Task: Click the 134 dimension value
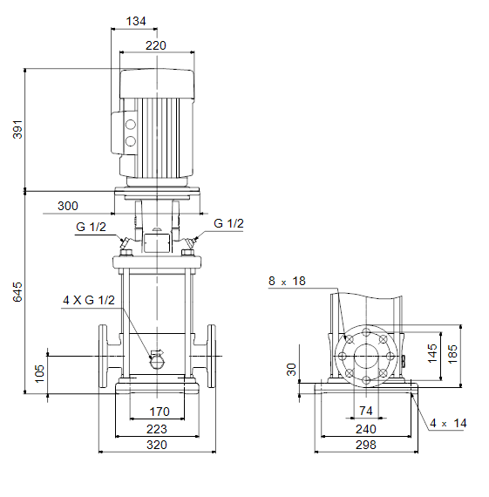(x=136, y=21)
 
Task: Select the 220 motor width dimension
(x=156, y=45)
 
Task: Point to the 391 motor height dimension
(x=17, y=129)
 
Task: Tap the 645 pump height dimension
(x=17, y=292)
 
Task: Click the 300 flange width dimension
(x=68, y=206)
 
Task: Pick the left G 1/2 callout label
(x=91, y=227)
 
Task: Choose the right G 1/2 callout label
(x=228, y=223)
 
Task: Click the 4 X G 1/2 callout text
(x=89, y=300)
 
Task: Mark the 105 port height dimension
(x=39, y=373)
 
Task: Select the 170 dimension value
(x=160, y=412)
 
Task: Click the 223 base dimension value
(x=157, y=429)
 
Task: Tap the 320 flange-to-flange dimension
(x=157, y=445)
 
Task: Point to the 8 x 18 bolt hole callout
(x=287, y=281)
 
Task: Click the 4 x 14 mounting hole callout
(x=448, y=423)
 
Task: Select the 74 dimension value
(x=366, y=411)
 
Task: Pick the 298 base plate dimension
(x=366, y=445)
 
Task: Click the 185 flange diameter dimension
(x=452, y=354)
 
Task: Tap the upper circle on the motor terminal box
(x=131, y=125)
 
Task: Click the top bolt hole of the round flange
(x=366, y=332)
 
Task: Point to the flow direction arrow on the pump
(x=158, y=352)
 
